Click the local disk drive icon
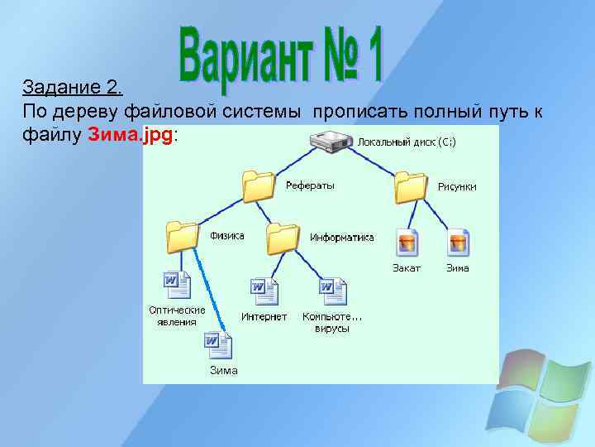click(x=331, y=143)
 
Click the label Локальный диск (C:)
click(x=406, y=142)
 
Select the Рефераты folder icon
click(x=259, y=187)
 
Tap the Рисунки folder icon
click(x=411, y=187)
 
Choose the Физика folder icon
click(x=183, y=237)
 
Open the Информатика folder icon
click(x=283, y=238)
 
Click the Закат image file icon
click(x=407, y=242)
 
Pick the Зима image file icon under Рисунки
click(x=458, y=242)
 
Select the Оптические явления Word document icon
click(x=178, y=285)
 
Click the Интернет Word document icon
click(x=264, y=291)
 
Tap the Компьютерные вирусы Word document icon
click(x=333, y=291)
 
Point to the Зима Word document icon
click(x=219, y=344)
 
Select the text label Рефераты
click(x=310, y=185)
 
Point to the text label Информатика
click(x=341, y=237)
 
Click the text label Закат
click(x=407, y=268)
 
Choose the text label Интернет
click(x=264, y=316)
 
